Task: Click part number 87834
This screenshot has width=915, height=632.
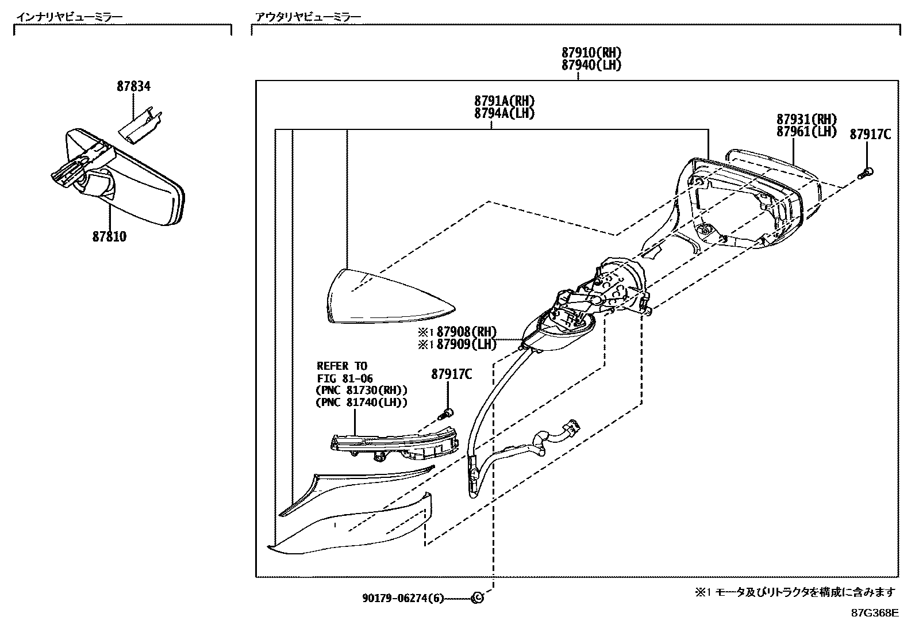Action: click(133, 87)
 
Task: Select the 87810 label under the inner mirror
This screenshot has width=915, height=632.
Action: click(109, 236)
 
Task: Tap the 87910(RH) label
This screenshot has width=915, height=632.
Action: click(591, 53)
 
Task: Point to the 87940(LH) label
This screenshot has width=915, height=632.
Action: click(591, 66)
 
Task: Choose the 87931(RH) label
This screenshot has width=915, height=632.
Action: click(806, 120)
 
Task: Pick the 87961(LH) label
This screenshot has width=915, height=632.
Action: click(806, 132)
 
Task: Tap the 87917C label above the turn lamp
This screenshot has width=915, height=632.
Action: click(451, 374)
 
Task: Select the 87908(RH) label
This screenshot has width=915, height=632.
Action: click(466, 332)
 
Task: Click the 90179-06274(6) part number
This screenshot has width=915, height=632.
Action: click(403, 599)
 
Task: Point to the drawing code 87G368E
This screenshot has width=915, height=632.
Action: click(874, 613)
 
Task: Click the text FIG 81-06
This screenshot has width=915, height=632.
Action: click(345, 378)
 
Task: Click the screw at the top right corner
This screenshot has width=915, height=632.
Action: click(867, 173)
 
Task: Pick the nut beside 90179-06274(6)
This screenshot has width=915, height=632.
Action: click(476, 599)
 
